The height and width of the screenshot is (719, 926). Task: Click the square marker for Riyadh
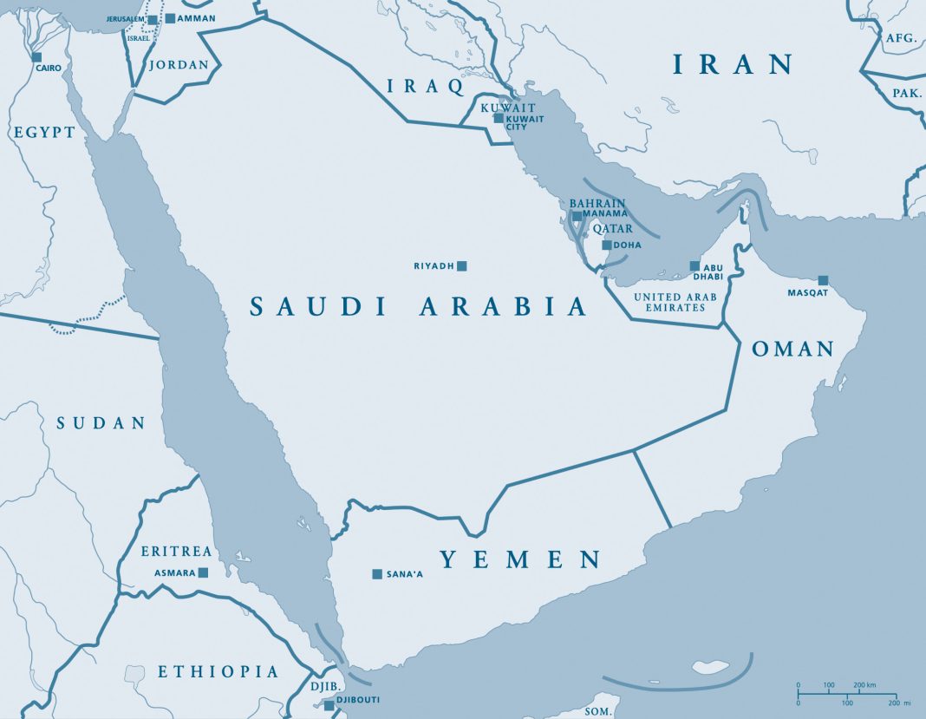462,265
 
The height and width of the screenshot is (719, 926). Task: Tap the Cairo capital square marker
37,57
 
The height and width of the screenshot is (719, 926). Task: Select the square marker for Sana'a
377,573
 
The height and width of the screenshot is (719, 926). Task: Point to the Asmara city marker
203,572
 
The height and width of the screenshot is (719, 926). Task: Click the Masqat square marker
823,280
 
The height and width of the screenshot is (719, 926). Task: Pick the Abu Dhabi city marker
694,265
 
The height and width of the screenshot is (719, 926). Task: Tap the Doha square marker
607,245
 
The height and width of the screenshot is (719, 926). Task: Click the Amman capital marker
170,18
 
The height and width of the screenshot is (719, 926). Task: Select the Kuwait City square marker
499,117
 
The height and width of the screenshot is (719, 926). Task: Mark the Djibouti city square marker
329,705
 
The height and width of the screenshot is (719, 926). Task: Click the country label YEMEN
520,559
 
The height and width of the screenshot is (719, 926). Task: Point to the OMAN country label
792,350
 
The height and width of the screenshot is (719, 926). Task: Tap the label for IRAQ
426,85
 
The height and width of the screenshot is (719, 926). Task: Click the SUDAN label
101,423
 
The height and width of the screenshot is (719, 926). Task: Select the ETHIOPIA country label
218,671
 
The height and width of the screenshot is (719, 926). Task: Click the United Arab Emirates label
681,302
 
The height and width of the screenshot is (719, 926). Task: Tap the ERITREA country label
177,552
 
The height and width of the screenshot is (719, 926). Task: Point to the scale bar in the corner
845,694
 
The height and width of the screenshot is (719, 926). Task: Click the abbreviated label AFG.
901,38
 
